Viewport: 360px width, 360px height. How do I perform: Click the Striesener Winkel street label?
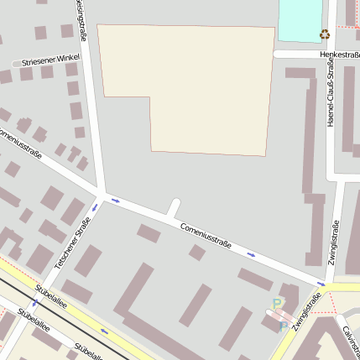coord(50,60)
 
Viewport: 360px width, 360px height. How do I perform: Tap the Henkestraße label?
coord(338,55)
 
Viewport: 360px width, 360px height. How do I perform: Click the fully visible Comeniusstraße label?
coord(206,234)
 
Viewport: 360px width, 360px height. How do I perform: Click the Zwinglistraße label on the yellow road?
coord(308,311)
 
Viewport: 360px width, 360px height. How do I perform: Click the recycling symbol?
coord(325,34)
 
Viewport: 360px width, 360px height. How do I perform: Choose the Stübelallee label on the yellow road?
coord(50,299)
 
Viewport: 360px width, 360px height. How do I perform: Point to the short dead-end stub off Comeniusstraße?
coord(174,207)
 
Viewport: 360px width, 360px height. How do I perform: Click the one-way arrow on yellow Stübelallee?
coord(104,331)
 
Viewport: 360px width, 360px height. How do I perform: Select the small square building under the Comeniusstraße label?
coord(197,252)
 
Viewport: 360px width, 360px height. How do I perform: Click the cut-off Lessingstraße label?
coord(81,18)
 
